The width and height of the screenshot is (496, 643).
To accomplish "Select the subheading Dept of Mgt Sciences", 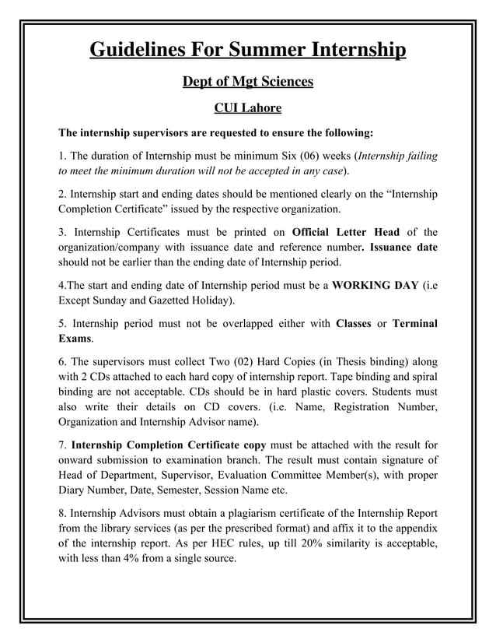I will point(247,81).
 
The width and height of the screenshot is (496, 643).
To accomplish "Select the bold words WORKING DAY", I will point(375,284).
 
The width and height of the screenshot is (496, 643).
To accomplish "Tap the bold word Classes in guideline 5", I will point(352,322).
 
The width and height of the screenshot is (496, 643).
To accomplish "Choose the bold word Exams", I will point(75,339).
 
